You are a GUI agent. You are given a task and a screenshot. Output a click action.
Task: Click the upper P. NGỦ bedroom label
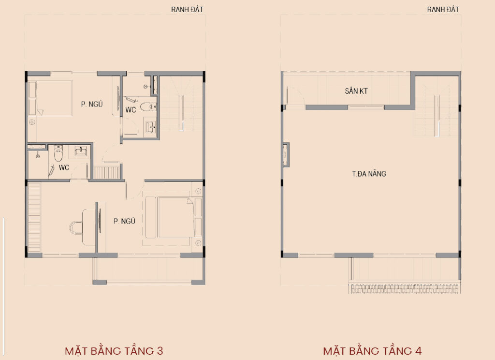pyautogui.click(x=92, y=104)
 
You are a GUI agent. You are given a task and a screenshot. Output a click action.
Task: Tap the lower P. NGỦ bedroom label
pyautogui.click(x=124, y=221)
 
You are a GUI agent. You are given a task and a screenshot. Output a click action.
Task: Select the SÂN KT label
pyautogui.click(x=356, y=91)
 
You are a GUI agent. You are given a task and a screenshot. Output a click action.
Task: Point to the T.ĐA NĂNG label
pyautogui.click(x=369, y=174)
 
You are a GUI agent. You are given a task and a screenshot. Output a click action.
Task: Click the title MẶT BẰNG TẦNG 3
pyautogui.click(x=114, y=351)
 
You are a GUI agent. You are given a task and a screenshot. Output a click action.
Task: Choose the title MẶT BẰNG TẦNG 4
pyautogui.click(x=372, y=351)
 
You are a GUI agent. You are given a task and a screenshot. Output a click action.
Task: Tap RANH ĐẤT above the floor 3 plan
pyautogui.click(x=187, y=10)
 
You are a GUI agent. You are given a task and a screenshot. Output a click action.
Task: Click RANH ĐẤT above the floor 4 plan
pyautogui.click(x=443, y=10)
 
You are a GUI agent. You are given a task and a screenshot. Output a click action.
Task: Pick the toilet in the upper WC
pyautogui.click(x=148, y=107)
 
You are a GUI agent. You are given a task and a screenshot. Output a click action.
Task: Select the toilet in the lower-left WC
pyautogui.click(x=58, y=153)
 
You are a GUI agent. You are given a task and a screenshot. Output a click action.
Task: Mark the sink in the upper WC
pyautogui.click(x=151, y=127)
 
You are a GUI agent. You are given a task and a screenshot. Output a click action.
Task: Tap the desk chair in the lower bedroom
pyautogui.click(x=76, y=227)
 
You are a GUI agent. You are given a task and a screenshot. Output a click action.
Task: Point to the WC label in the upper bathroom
pyautogui.click(x=131, y=110)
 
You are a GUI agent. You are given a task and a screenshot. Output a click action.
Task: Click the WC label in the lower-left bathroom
pyautogui.click(x=64, y=167)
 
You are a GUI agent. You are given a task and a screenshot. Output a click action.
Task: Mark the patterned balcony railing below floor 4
pyautogui.click(x=405, y=288)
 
